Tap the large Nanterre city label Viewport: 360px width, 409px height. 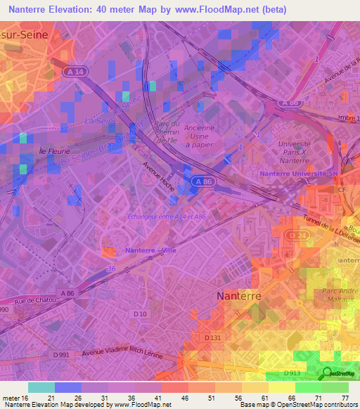238,296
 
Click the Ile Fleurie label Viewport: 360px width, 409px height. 32,150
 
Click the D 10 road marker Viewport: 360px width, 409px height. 139,313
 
